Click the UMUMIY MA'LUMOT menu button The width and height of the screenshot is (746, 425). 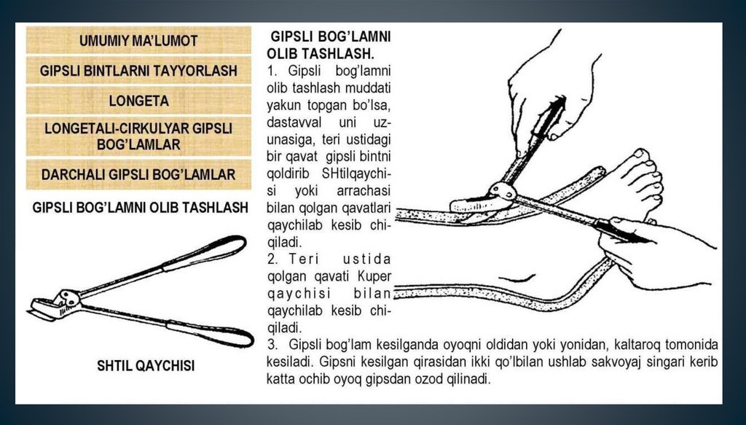(x=138, y=40)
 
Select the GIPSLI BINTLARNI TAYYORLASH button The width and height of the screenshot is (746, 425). (x=138, y=71)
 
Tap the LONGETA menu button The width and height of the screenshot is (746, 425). (x=138, y=101)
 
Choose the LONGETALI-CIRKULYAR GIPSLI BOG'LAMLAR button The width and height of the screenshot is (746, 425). (x=138, y=136)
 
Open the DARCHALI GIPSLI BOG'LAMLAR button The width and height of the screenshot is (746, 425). (x=138, y=174)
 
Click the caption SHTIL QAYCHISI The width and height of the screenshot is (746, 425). (x=146, y=365)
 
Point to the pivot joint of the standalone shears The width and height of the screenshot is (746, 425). (x=68, y=298)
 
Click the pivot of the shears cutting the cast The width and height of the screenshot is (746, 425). (x=503, y=191)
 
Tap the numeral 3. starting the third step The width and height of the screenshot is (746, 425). (x=272, y=345)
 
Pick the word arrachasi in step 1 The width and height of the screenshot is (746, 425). (x=364, y=191)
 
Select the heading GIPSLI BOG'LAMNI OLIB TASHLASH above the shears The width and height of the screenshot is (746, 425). (x=141, y=208)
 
